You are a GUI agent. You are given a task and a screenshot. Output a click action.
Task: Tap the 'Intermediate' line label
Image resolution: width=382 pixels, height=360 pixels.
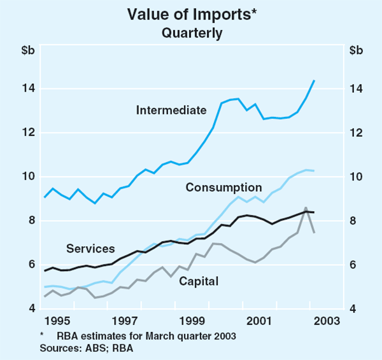tap(171, 110)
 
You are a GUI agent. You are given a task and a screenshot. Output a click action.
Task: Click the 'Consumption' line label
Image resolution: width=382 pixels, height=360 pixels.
tap(223, 187)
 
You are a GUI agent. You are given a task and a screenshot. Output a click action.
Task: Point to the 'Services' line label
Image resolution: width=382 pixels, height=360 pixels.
tap(90, 249)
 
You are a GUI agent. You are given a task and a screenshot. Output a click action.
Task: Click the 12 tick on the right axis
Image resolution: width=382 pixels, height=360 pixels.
tap(357, 132)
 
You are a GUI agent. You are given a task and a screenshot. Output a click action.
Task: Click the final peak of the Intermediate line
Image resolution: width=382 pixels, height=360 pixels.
tap(314, 80)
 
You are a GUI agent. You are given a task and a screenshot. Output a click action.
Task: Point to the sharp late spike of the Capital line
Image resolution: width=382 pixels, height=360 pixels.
tap(306, 208)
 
